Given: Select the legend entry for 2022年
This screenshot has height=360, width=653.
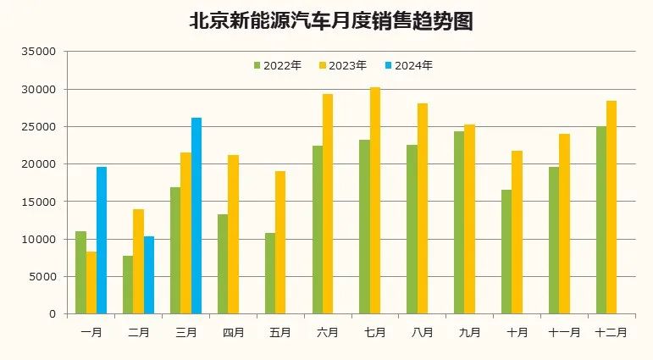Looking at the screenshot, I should coord(277,65).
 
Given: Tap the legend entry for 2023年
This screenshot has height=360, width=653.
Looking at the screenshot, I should coord(343,65).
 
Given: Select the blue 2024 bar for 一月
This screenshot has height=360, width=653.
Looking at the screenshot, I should coord(102,241).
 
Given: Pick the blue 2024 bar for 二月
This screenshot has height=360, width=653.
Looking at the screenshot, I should coord(149,275).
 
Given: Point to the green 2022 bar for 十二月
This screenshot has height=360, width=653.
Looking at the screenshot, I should coord(601,220).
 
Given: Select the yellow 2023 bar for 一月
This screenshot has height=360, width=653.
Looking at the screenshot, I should coord(91,283).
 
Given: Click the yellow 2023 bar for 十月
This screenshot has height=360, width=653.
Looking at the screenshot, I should coord(517,232).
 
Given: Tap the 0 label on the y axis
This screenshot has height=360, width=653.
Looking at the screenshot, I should coord(51,314).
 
